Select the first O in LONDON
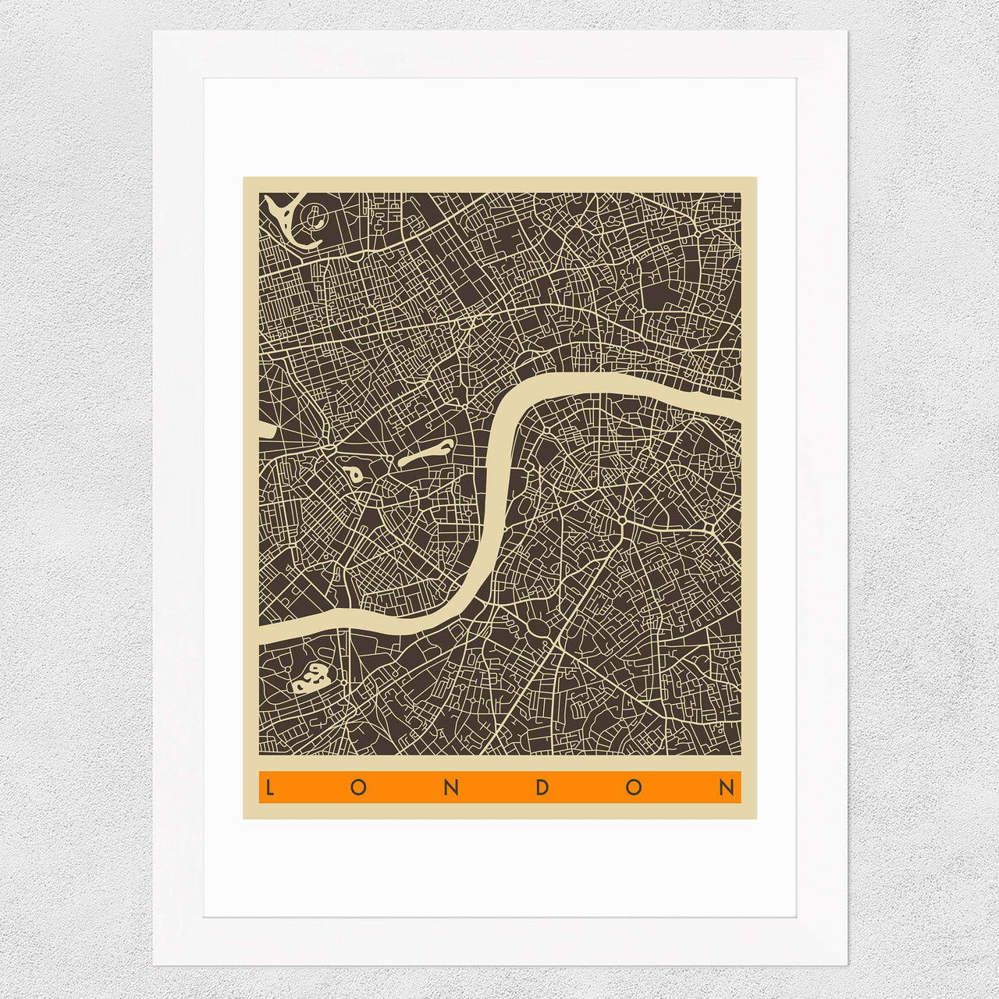point(358,787)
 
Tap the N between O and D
point(450,787)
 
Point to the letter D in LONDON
point(542,787)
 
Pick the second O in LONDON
point(634,787)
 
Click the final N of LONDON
point(727,787)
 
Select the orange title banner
point(499,787)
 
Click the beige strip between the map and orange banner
point(499,763)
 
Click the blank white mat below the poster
point(499,866)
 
